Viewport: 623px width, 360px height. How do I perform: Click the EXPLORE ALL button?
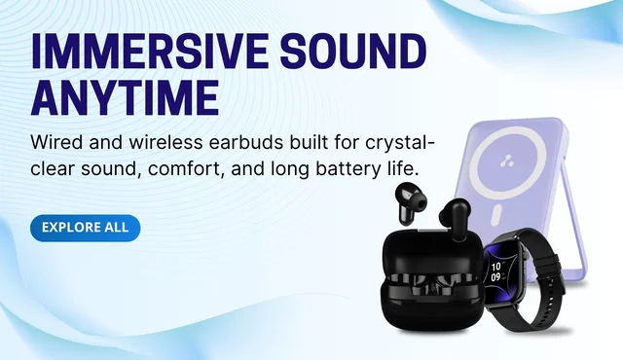(85, 228)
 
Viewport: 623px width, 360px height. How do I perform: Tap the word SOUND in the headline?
(353, 52)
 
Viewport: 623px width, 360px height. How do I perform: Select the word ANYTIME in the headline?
(126, 97)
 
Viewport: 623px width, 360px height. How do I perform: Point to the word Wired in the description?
(56, 142)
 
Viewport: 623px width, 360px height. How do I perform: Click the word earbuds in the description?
(246, 142)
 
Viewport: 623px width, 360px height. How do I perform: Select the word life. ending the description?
(402, 168)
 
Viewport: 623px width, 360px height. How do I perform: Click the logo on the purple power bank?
(506, 161)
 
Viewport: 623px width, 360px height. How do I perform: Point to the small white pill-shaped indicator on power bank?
(495, 216)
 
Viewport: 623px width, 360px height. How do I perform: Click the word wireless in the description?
(165, 142)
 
